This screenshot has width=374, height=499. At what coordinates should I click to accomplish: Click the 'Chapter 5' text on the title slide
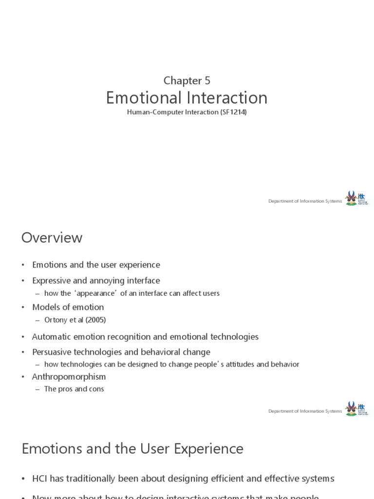pyautogui.click(x=187, y=80)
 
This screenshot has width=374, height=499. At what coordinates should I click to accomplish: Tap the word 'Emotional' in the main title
pyautogui.click(x=138, y=98)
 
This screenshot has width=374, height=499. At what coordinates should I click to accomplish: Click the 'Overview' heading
pyautogui.click(x=52, y=238)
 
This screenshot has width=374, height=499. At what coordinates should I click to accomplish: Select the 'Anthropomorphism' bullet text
pyautogui.click(x=69, y=377)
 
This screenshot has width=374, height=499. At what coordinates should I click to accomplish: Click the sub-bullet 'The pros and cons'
pyautogui.click(x=74, y=389)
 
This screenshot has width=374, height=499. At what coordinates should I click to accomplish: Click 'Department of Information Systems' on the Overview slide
pyautogui.click(x=305, y=411)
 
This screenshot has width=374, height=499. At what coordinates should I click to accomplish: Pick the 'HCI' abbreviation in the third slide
pyautogui.click(x=39, y=479)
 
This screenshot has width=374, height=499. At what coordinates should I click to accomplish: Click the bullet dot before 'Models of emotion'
pyautogui.click(x=23, y=307)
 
